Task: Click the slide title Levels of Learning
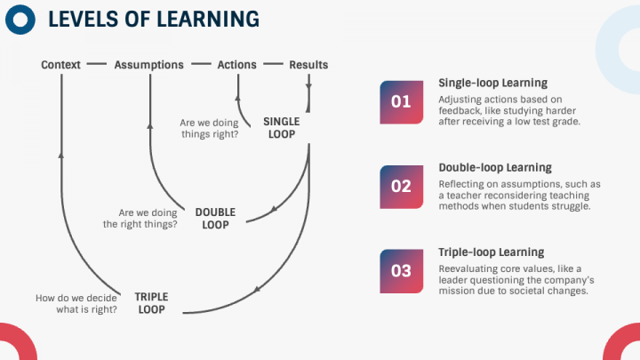[x=154, y=20]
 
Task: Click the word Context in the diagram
[x=60, y=65]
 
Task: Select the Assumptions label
[x=149, y=65]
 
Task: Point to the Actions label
[x=236, y=65]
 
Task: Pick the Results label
[x=308, y=65]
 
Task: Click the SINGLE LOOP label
[x=282, y=128]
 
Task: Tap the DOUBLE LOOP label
[x=215, y=219]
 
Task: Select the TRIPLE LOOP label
[x=151, y=303]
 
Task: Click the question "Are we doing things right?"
[x=210, y=128]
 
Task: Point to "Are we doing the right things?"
[x=140, y=219]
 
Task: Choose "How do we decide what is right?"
[x=76, y=304]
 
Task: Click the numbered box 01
[x=402, y=102]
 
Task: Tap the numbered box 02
[x=402, y=187]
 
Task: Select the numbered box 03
[x=402, y=271]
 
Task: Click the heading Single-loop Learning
[x=493, y=83]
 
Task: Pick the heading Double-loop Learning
[x=495, y=167]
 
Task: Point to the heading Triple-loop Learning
[x=492, y=252]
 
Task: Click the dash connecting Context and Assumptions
[x=96, y=64]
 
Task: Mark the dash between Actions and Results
[x=273, y=64]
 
